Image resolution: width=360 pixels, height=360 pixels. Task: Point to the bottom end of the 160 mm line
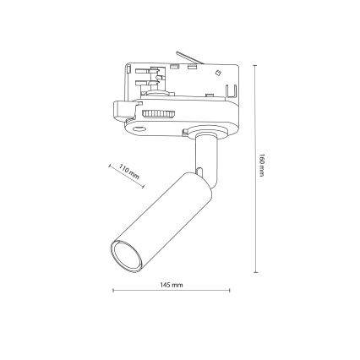257,272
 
